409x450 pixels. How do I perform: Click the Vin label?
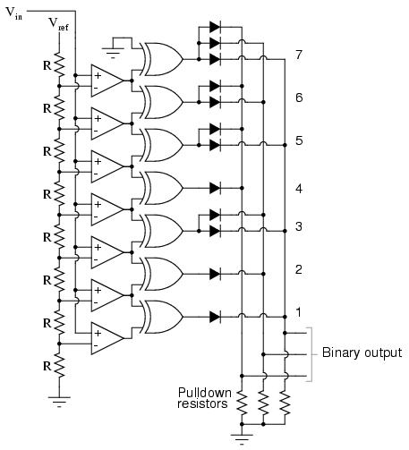point(13,13)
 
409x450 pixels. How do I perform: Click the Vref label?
point(58,24)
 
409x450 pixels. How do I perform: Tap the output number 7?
point(299,55)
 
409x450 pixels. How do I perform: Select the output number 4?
point(299,189)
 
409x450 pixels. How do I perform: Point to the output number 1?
point(298,312)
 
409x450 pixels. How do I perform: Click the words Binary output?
point(362,352)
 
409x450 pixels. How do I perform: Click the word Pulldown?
point(205,393)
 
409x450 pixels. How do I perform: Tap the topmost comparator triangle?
point(107,81)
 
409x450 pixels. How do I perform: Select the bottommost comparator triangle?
point(107,338)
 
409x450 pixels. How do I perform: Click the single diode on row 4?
point(215,188)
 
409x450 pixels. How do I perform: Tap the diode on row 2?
point(215,274)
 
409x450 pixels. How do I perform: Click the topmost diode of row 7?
point(215,27)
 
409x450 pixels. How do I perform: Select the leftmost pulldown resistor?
point(242,403)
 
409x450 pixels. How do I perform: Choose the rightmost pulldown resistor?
point(285,403)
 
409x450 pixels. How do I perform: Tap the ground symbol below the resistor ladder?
point(59,402)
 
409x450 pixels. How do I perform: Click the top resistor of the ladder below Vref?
point(59,64)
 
